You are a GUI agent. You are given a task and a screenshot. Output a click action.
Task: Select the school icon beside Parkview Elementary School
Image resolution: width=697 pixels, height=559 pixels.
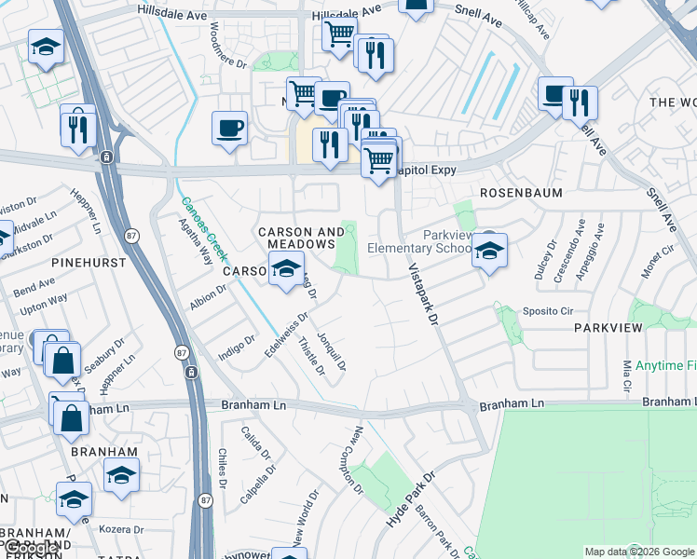pos(488,251)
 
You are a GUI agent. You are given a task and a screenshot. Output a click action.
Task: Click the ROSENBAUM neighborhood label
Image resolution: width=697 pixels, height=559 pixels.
pos(518,192)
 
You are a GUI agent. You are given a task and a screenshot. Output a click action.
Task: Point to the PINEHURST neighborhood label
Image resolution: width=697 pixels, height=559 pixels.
pos(89,263)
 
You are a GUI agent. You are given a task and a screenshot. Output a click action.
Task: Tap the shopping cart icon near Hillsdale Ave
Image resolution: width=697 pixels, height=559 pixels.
pos(338,34)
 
